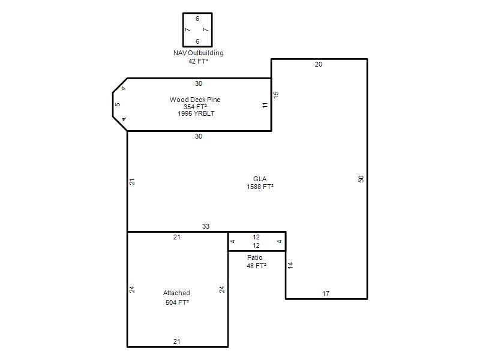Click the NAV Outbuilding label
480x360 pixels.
(x=199, y=53)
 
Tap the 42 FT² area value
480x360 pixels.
(x=199, y=61)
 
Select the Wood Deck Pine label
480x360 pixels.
(x=195, y=100)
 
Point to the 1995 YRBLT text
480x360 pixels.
(x=196, y=113)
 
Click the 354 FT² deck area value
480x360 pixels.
(x=196, y=107)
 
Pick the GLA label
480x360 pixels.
(x=260, y=179)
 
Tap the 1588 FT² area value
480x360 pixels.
(x=260, y=187)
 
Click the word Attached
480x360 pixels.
(x=176, y=293)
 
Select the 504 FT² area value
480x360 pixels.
(x=177, y=302)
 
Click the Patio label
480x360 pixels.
(x=254, y=257)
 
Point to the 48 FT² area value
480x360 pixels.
(x=257, y=266)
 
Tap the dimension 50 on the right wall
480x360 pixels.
(x=361, y=179)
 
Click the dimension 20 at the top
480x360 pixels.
(x=319, y=64)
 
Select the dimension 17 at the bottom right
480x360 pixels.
(x=326, y=293)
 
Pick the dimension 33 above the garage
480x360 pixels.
(x=206, y=226)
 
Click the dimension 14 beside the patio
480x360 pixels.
(x=290, y=265)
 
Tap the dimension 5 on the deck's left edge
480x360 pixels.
(x=118, y=104)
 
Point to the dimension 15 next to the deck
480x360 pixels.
(x=276, y=95)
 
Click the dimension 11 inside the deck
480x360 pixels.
(x=265, y=105)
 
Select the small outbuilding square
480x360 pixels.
(x=183, y=29)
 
